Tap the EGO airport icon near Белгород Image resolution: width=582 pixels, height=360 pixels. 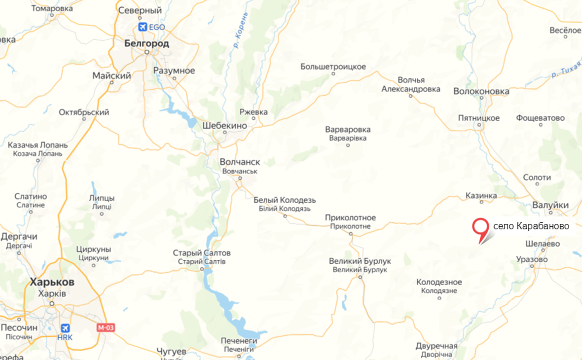144,27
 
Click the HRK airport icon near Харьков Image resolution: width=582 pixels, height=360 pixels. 65,328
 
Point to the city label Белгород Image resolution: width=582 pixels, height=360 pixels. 146,44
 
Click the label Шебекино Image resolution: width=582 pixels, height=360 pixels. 224,126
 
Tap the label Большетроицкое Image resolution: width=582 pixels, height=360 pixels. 333,67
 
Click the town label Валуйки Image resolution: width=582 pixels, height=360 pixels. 551,205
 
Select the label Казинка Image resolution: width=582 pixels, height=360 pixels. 481,196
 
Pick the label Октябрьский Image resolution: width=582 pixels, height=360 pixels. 84,112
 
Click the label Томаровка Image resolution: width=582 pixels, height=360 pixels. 52,9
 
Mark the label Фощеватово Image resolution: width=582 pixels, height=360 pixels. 540,118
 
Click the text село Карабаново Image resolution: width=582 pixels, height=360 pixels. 531,226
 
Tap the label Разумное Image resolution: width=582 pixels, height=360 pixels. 174,71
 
